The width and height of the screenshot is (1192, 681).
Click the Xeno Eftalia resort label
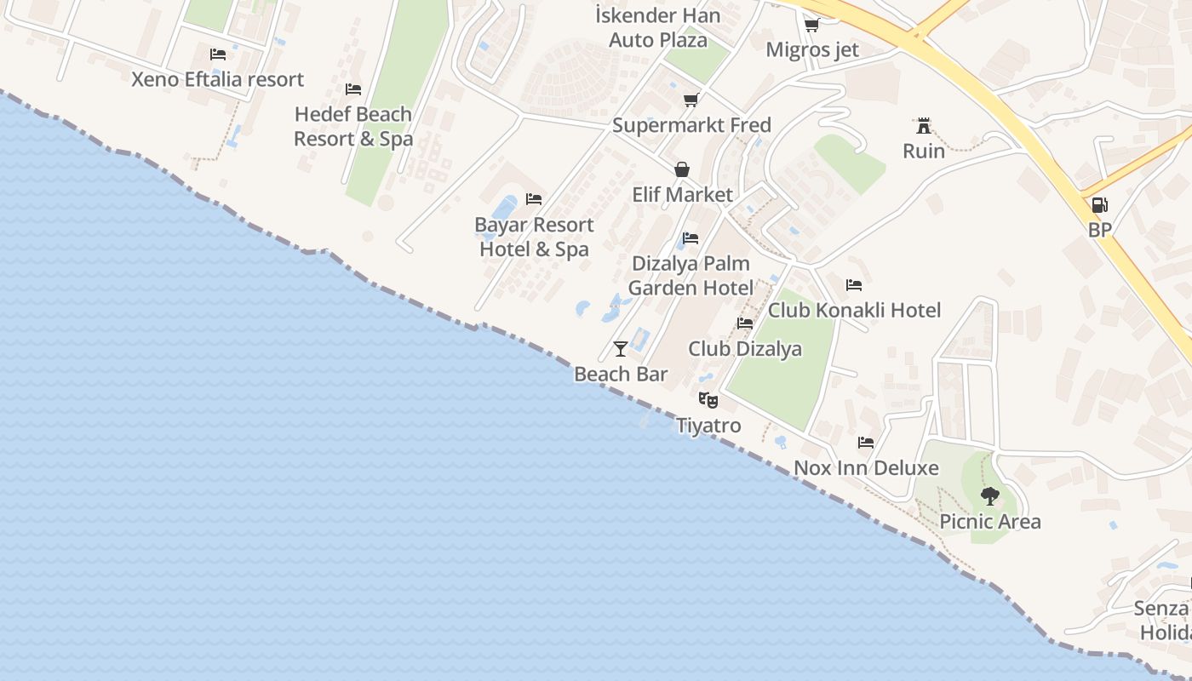coord(217,79)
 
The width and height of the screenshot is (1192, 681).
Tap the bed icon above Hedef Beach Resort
coord(353,89)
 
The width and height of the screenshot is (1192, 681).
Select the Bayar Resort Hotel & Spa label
coord(534,237)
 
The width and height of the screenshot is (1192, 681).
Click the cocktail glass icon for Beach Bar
coord(621,348)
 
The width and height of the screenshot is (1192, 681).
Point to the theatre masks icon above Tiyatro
coord(708,398)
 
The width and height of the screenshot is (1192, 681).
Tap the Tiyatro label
coord(708,425)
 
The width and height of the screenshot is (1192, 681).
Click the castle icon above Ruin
coord(923,126)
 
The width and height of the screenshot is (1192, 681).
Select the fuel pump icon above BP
coord(1099,204)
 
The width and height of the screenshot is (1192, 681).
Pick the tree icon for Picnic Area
coord(989,495)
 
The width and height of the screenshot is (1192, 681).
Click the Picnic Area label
coord(989,521)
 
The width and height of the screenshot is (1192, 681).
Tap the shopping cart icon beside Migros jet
coord(811,25)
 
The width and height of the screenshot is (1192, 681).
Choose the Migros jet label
coord(812,49)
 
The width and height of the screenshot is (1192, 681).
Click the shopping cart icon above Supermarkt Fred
coord(691,100)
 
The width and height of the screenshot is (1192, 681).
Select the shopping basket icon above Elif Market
coord(682,169)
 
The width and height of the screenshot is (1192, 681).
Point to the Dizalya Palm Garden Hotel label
coord(691,276)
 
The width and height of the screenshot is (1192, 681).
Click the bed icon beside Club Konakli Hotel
coord(854,284)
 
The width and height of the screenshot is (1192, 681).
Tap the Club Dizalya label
coord(745,348)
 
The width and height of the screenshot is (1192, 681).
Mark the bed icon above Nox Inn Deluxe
coord(866,442)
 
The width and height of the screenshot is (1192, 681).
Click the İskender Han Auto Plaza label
coord(658,27)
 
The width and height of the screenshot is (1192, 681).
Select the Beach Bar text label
coord(621,374)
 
